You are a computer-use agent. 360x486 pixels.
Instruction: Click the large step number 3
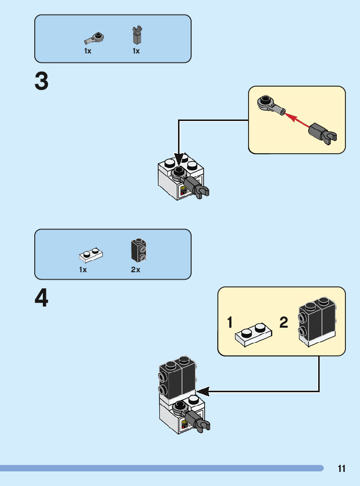click(42, 82)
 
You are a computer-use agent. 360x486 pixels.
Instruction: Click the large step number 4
click(42, 298)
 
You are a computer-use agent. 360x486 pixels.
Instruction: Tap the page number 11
click(342, 469)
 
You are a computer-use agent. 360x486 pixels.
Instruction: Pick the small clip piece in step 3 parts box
click(136, 35)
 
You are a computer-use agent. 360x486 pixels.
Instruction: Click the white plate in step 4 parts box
click(91, 255)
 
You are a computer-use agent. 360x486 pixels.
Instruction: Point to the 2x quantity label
click(136, 270)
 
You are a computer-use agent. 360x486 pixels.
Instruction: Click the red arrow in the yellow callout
click(296, 120)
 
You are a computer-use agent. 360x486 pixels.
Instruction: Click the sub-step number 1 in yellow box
click(230, 323)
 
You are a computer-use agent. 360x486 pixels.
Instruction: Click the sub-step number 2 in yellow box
click(284, 323)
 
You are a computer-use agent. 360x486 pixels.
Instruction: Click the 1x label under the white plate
click(83, 270)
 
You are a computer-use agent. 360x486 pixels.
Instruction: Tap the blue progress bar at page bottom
click(161, 468)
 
